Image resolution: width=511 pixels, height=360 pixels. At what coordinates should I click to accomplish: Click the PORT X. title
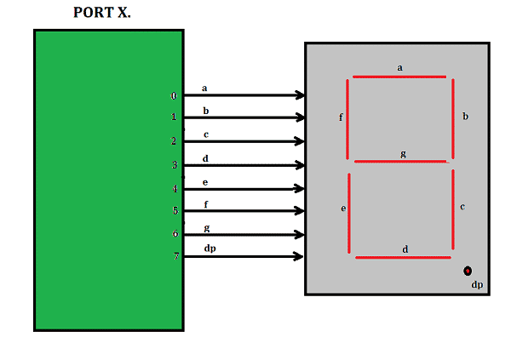(102, 13)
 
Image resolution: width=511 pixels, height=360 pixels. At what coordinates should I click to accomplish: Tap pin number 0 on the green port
(174, 96)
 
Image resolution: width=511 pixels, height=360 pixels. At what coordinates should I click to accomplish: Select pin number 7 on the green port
(175, 255)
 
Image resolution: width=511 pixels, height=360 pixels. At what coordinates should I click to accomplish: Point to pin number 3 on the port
(175, 165)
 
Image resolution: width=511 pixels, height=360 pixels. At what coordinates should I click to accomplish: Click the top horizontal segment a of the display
(399, 77)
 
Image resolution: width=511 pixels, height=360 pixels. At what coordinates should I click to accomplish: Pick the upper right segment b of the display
(453, 118)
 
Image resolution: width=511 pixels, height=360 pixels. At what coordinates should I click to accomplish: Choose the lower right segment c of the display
(452, 210)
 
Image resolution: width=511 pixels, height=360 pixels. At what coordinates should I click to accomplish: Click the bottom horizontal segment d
(403, 257)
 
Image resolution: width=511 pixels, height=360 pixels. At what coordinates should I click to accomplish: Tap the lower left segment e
(349, 213)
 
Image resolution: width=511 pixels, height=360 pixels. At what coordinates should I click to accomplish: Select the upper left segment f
(347, 118)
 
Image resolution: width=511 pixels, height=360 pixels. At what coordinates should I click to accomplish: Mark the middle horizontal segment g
(400, 161)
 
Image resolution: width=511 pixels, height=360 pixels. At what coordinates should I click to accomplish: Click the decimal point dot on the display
(468, 271)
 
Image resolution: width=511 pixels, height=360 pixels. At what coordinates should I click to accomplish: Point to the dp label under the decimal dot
(477, 285)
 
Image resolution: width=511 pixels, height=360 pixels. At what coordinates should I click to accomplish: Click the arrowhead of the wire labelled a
(300, 95)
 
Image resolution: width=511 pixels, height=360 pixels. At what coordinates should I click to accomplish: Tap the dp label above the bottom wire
(210, 249)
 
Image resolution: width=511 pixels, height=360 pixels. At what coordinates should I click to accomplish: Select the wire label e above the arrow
(205, 182)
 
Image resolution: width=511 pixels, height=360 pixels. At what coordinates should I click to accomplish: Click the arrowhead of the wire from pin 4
(300, 188)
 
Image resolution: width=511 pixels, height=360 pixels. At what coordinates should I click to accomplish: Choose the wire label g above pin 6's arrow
(206, 228)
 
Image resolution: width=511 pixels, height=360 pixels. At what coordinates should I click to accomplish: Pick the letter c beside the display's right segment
(462, 206)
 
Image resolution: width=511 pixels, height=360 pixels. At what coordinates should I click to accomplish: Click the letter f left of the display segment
(341, 117)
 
